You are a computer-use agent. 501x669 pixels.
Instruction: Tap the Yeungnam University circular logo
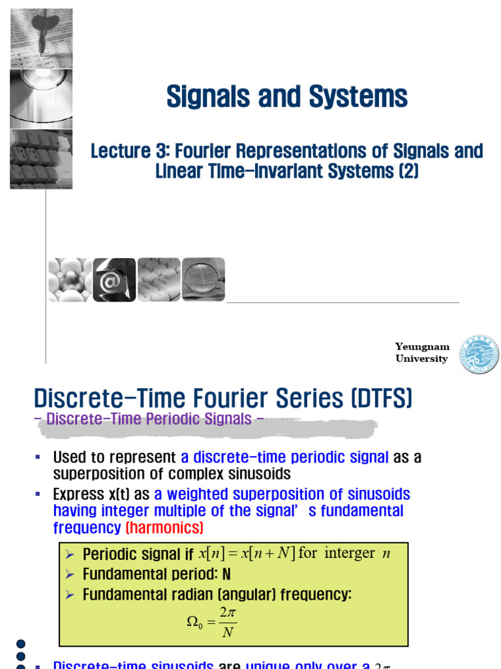pos(479,355)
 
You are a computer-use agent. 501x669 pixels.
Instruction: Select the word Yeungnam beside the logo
pos(422,347)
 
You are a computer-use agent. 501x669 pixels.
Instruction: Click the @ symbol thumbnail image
pos(114,280)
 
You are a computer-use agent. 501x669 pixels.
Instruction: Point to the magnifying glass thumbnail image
pos(204,280)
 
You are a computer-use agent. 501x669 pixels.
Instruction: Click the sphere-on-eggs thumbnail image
pos(70,280)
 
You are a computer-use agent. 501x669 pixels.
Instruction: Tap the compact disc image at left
pos(40,98)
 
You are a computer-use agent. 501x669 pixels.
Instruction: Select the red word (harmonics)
pos(164,527)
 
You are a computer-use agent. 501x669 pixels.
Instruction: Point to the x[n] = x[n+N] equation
pos(247,554)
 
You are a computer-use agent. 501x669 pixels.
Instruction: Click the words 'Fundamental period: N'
pos(157,574)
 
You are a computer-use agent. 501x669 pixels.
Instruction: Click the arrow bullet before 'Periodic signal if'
pos(70,555)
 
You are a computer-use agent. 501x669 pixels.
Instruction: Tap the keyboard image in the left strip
pos(40,159)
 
